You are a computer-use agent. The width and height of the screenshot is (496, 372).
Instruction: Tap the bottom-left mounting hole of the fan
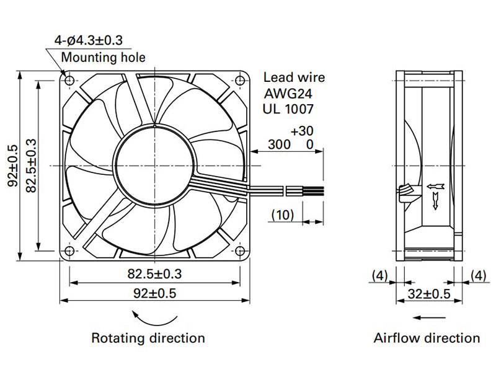(x=69, y=250)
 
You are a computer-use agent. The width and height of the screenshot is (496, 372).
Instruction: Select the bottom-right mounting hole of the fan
(x=239, y=250)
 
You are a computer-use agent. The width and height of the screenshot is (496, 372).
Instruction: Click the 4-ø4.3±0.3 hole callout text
(x=88, y=41)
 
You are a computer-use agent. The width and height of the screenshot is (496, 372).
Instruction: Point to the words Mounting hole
(x=103, y=58)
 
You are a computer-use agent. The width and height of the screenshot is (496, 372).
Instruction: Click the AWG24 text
(x=289, y=94)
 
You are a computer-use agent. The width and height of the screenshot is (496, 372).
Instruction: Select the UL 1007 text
(x=289, y=109)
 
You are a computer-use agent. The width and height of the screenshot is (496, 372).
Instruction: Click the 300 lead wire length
(x=278, y=145)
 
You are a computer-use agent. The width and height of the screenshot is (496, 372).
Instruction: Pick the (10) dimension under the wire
(x=282, y=215)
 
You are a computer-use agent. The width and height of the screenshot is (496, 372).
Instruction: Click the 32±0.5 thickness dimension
(x=428, y=294)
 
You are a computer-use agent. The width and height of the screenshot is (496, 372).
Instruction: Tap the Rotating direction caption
(x=148, y=339)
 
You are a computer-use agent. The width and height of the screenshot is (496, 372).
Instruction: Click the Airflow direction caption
(x=427, y=339)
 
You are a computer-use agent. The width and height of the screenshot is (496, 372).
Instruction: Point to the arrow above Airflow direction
(x=427, y=317)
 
